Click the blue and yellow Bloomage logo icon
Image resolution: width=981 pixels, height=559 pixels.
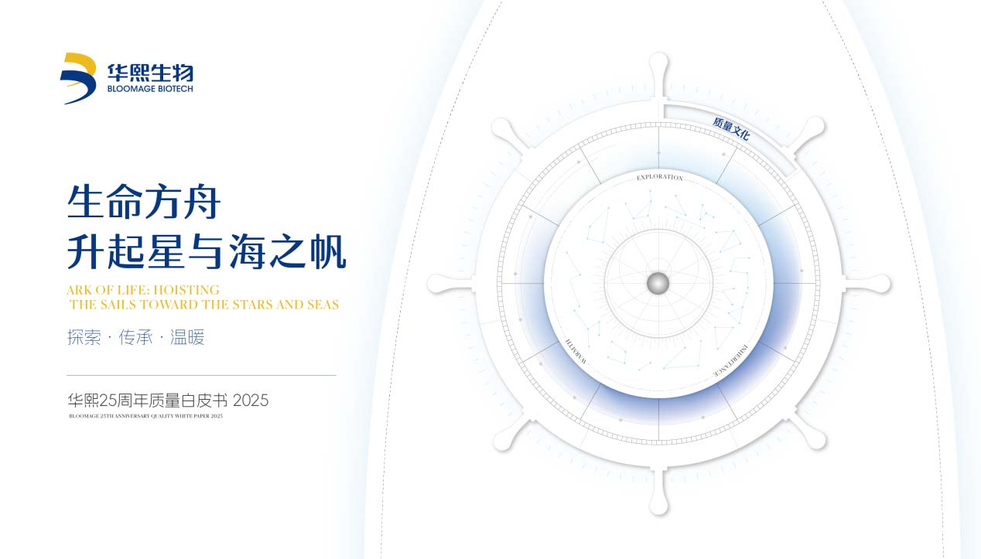pyautogui.click(x=78, y=78)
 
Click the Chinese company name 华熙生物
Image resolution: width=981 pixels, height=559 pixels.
pyautogui.click(x=150, y=73)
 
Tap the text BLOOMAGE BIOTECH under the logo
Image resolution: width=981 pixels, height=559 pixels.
pyautogui.click(x=150, y=89)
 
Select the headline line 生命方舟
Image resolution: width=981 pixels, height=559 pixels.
pyautogui.click(x=145, y=203)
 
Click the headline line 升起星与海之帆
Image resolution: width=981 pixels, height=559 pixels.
pyautogui.click(x=207, y=252)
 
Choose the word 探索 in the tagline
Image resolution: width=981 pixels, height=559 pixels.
pyautogui.click(x=84, y=338)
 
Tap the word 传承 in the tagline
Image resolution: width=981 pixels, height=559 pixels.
pyautogui.click(x=136, y=338)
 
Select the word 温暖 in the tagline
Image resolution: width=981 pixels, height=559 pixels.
pyautogui.click(x=187, y=338)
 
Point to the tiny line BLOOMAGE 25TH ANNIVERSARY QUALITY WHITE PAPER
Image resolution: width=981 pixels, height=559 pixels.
pyautogui.click(x=145, y=416)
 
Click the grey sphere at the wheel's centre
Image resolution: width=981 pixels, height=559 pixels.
pyautogui.click(x=658, y=283)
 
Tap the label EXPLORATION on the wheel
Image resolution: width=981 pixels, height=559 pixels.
pyautogui.click(x=659, y=177)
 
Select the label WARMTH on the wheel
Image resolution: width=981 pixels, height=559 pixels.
pyautogui.click(x=576, y=353)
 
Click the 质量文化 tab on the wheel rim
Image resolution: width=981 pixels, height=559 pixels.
pyautogui.click(x=731, y=128)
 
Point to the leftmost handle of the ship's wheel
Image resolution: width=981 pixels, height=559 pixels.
pyautogui.click(x=438, y=284)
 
